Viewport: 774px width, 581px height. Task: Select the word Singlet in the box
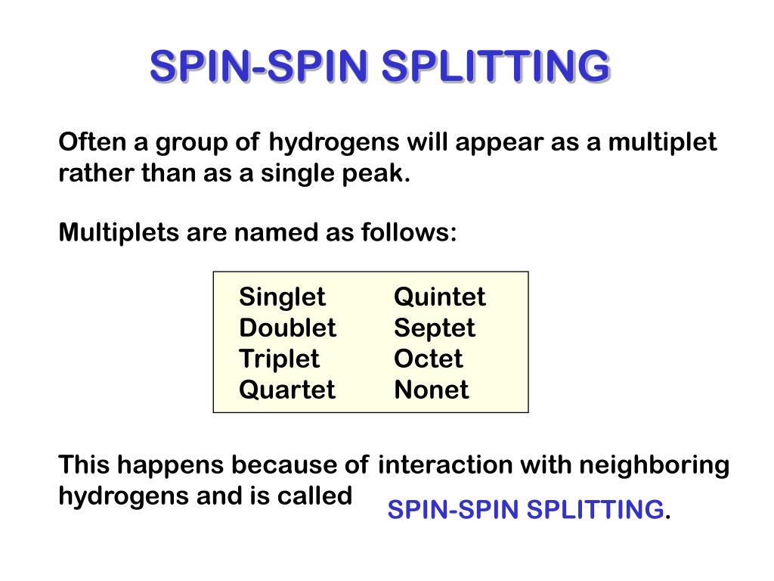282,297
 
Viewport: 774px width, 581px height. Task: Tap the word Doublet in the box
287,328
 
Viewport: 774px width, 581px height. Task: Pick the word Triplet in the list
279,359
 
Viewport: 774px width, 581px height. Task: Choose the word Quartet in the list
286,390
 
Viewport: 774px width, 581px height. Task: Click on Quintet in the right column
439,297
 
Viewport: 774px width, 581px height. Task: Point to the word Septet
434,328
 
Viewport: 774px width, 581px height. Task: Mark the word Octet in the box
428,359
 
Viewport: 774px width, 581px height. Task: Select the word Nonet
431,390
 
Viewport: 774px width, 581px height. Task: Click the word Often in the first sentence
85,141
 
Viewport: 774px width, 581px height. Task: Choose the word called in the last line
320,496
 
